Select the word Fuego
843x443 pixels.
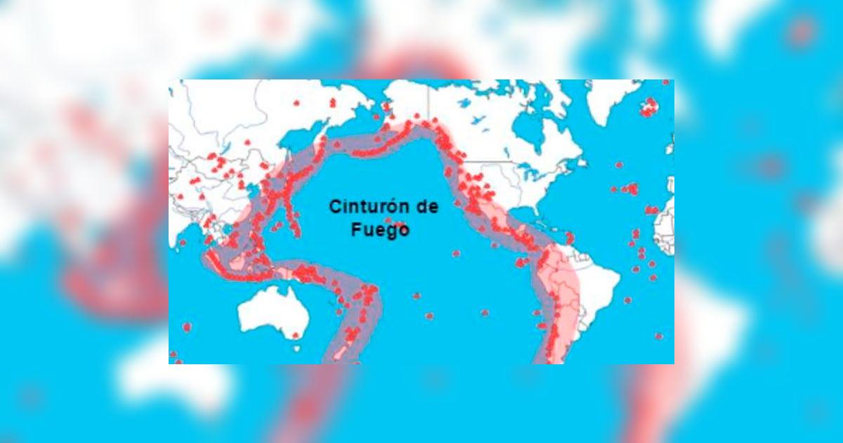point(380,229)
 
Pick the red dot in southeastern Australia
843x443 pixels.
point(296,335)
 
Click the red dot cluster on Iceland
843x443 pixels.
point(648,108)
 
